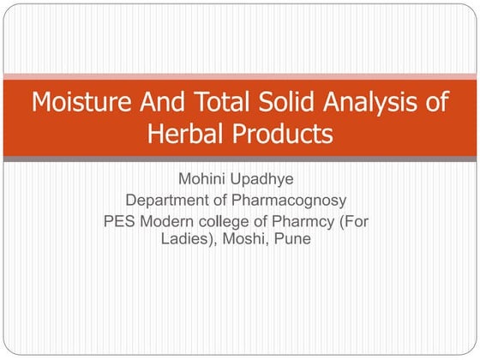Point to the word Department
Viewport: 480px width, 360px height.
click(x=167, y=201)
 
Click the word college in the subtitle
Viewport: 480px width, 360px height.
click(x=225, y=222)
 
